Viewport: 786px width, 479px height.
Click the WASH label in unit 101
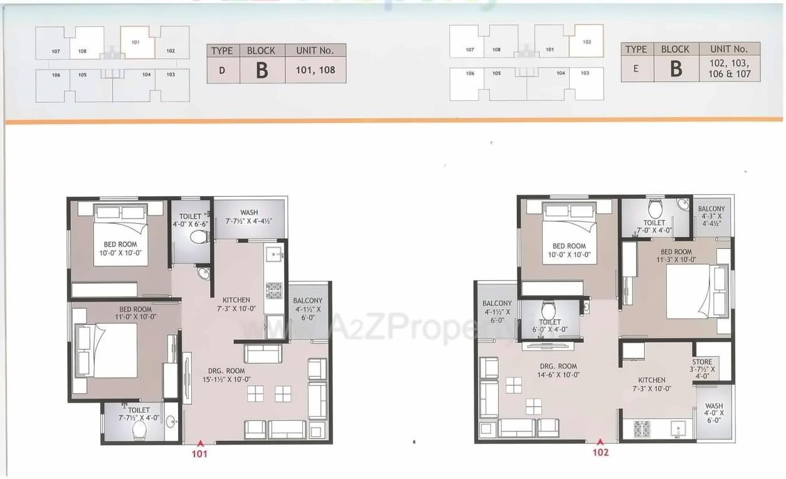pos(248,213)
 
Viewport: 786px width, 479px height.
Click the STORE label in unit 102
pos(702,362)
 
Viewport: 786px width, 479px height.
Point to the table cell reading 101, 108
pos(316,70)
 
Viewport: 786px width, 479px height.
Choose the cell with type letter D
pos(223,70)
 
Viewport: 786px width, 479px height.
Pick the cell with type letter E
pos(637,68)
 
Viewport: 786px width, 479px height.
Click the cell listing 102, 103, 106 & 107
pos(729,68)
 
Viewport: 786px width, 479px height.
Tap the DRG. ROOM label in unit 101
pos(228,371)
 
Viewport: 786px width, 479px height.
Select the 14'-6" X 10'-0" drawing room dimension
pos(558,375)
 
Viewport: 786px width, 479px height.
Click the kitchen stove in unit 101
pos(274,290)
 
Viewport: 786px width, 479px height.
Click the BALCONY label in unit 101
pos(307,301)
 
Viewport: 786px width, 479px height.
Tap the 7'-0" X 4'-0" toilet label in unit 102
pos(654,230)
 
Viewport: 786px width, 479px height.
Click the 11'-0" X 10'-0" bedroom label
pos(136,317)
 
